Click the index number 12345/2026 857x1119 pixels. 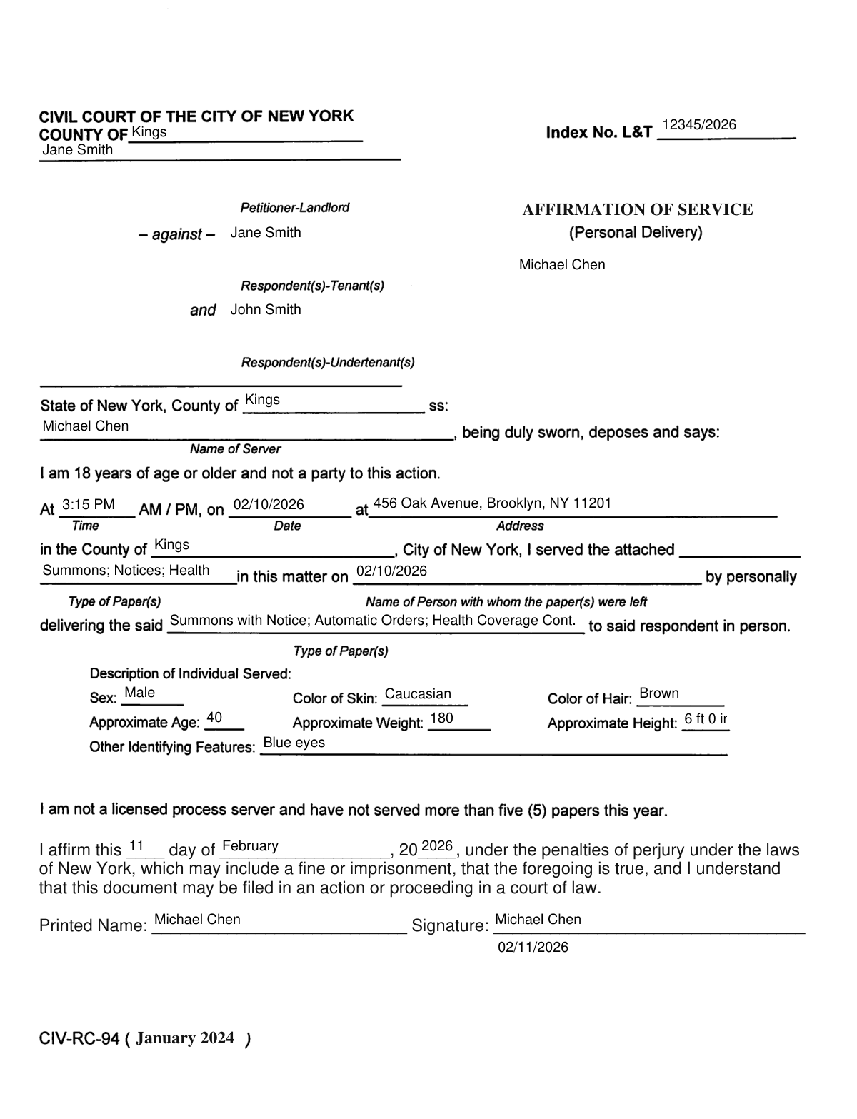point(698,125)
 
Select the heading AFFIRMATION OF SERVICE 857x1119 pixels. point(637,209)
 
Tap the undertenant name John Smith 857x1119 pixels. point(266,309)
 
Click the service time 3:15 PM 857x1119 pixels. point(89,504)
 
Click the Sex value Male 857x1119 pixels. point(139,692)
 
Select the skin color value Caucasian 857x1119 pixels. point(418,693)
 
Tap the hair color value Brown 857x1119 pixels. point(658,693)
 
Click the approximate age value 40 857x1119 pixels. point(214,718)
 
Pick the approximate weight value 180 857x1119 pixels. point(441,718)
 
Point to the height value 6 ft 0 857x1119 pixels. point(705,718)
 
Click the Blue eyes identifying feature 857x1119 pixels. point(294,742)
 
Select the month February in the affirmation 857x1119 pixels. point(250,846)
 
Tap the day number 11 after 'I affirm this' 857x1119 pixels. point(136,847)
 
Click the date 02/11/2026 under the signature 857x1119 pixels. point(533,947)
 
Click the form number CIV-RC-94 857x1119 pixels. point(79,1039)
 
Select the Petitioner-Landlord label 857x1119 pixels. point(294,208)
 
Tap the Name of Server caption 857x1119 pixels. point(235,449)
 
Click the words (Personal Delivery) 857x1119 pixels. point(636,232)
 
